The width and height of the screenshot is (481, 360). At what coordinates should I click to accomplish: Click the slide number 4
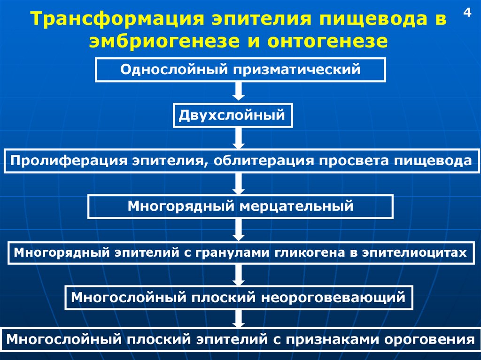[467, 13]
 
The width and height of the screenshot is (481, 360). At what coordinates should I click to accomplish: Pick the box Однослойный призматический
[240, 70]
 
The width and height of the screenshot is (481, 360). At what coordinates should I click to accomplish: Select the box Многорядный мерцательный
[240, 207]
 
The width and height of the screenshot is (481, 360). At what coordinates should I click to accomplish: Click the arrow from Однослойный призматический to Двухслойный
[239, 92]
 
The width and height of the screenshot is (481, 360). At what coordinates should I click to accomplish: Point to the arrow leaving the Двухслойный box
[239, 138]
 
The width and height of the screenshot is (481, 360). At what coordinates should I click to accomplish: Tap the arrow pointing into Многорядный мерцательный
[239, 184]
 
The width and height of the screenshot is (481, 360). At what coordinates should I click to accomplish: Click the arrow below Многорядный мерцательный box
[239, 230]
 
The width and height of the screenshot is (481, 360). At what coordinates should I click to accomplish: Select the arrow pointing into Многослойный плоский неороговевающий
[239, 275]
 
